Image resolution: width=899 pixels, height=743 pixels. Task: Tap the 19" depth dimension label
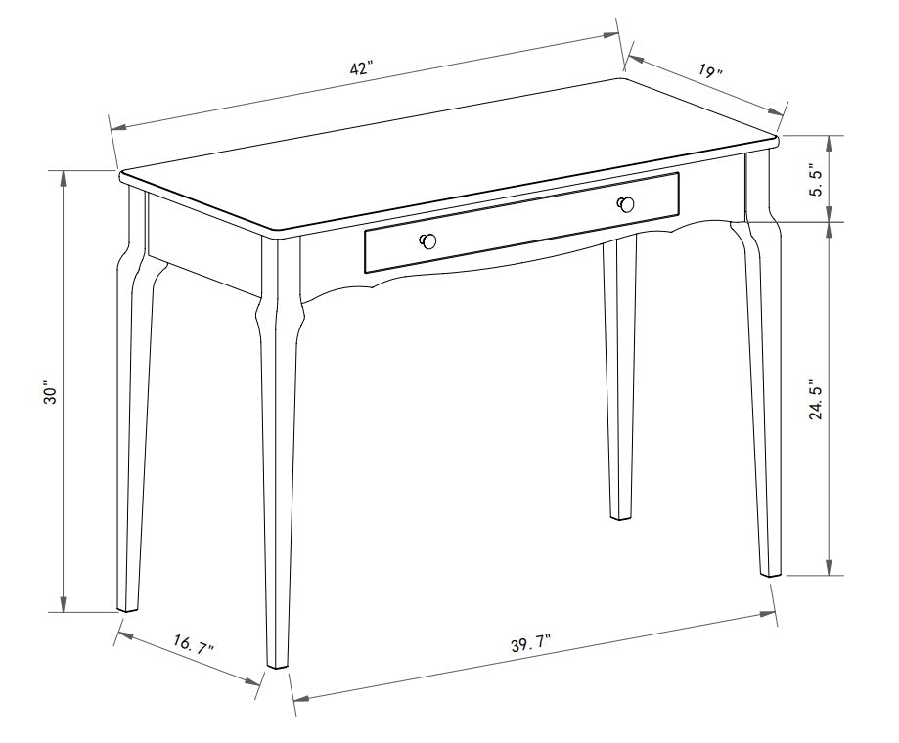click(711, 72)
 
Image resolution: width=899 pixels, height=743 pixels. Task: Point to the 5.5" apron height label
click(815, 178)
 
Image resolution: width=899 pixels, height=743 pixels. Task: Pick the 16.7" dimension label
click(194, 645)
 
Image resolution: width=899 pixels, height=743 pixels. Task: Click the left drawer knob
click(427, 241)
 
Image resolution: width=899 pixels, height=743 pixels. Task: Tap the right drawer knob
click(626, 204)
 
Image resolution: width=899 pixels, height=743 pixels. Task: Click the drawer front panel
click(521, 223)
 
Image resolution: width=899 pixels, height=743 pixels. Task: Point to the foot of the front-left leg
click(279, 661)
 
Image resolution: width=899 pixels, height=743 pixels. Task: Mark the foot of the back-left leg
click(128, 605)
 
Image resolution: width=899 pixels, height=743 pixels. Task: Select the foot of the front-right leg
click(771, 570)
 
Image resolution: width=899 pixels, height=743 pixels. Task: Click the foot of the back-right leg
click(620, 513)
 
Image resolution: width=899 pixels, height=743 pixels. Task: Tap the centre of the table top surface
click(450, 156)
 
